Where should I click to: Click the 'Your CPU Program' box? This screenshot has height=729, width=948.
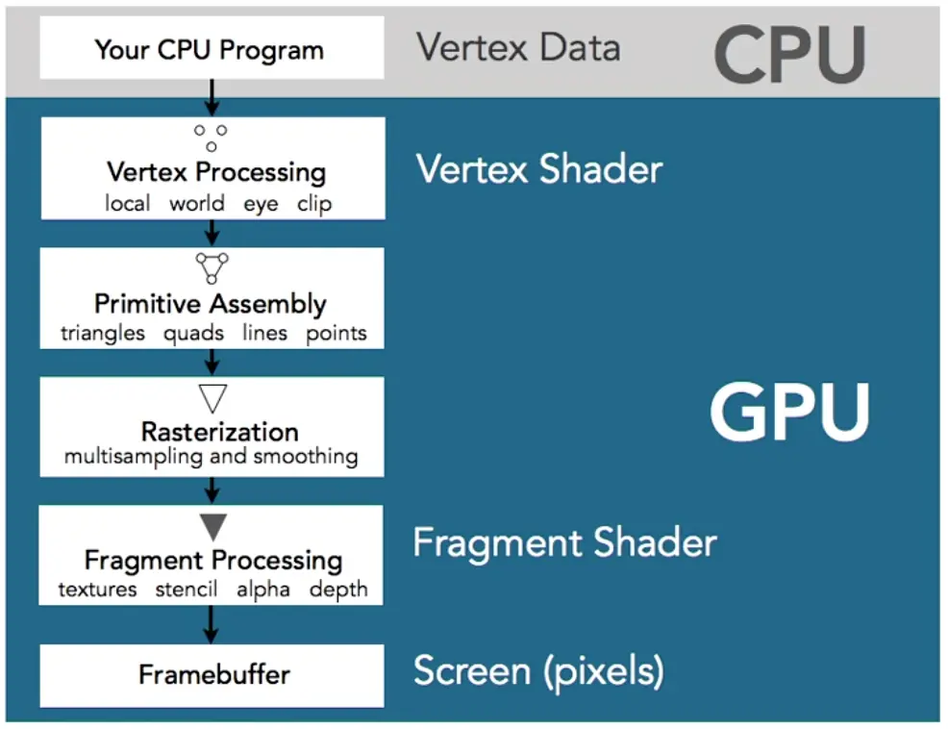(x=211, y=48)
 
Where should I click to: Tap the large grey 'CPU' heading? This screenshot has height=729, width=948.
(x=789, y=53)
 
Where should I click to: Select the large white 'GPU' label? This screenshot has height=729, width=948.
(x=788, y=414)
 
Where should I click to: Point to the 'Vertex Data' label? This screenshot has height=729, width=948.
(x=518, y=48)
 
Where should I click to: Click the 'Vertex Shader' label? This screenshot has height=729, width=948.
(x=538, y=169)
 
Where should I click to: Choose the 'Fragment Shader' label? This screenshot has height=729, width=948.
(x=564, y=542)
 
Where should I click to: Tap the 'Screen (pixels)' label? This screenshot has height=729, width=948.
(x=537, y=671)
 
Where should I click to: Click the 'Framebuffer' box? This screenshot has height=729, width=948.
(x=212, y=673)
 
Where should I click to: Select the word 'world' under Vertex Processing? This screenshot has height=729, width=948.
(x=196, y=204)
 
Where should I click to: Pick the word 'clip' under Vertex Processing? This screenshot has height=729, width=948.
(x=313, y=204)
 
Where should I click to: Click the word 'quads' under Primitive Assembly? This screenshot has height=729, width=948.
(x=193, y=334)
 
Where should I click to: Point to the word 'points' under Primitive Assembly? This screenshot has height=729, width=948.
(x=336, y=334)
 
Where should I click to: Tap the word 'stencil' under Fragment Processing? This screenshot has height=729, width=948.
(x=187, y=590)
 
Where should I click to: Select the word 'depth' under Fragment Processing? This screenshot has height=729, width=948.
(x=337, y=590)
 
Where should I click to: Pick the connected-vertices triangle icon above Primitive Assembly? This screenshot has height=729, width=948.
(x=212, y=266)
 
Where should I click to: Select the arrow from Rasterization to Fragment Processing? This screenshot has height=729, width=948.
(x=212, y=490)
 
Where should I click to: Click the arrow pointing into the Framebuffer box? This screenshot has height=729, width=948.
(x=212, y=624)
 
